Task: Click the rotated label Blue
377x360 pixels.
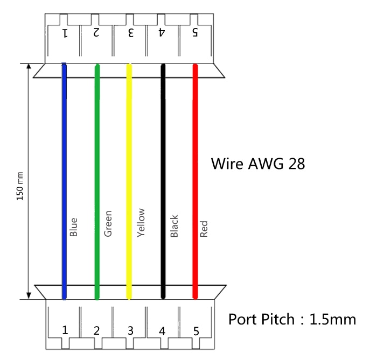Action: pyautogui.click(x=74, y=227)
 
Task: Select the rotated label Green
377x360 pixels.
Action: pyautogui.click(x=108, y=223)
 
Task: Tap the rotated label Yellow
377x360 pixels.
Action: pyautogui.click(x=141, y=222)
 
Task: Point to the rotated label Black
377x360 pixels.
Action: pyautogui.click(x=174, y=226)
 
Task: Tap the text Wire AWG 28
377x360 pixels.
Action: pyautogui.click(x=258, y=163)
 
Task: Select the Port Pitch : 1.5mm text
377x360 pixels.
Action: pyautogui.click(x=292, y=319)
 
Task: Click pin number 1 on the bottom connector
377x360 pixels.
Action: pyautogui.click(x=65, y=330)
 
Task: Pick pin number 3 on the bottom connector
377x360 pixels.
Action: pyautogui.click(x=130, y=330)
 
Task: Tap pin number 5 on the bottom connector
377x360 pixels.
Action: pyautogui.click(x=196, y=330)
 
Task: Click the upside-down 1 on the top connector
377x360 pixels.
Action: pyautogui.click(x=65, y=33)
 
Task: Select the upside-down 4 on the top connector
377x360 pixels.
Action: pyautogui.click(x=162, y=33)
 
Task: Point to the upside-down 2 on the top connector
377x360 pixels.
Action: pyautogui.click(x=96, y=33)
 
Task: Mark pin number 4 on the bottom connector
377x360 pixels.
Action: pyautogui.click(x=162, y=330)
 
